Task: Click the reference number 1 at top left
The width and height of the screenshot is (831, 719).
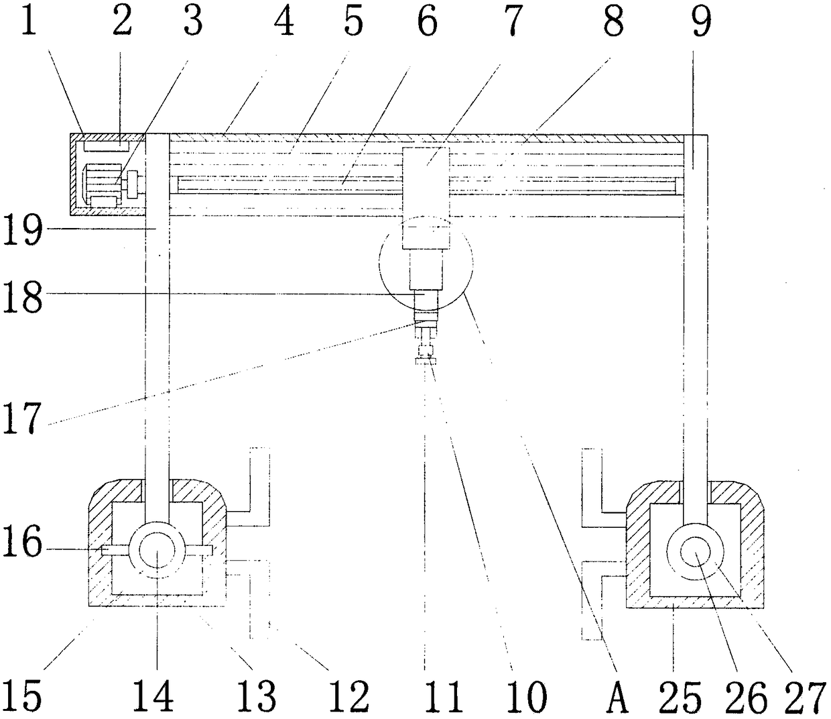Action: click(x=28, y=21)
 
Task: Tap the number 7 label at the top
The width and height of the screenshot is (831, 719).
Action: click(x=512, y=21)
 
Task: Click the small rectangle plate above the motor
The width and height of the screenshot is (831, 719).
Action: click(x=105, y=144)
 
